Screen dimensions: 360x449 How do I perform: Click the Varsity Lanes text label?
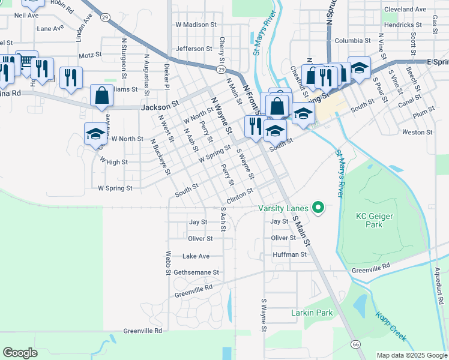[283, 209]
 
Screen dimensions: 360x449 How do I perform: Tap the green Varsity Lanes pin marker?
[319, 208]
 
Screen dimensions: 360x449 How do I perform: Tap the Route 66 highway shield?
[356, 344]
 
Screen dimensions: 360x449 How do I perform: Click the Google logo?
[20, 352]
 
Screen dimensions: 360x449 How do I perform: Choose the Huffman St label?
[289, 254]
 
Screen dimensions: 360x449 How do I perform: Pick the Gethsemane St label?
[196, 272]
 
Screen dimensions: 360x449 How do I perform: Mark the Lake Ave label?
[196, 256]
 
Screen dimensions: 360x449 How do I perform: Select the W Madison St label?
[196, 25]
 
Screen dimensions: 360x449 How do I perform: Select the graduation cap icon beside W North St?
[95, 134]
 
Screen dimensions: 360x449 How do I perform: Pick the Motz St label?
[90, 55]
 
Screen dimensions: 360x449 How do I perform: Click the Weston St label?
[412, 132]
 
